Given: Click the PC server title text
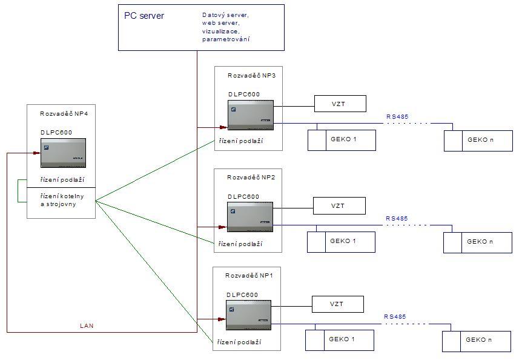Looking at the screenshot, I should click(x=144, y=16).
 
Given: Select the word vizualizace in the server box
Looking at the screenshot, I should click(x=221, y=30).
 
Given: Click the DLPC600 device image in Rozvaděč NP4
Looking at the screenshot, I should click(x=63, y=153).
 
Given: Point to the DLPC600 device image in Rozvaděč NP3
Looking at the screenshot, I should click(x=250, y=115).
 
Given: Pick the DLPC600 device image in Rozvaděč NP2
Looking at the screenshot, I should click(x=250, y=216).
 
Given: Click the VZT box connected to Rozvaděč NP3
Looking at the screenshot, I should click(x=340, y=104).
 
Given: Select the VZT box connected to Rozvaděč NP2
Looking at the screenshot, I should click(x=339, y=205).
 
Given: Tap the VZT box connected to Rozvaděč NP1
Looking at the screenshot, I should click(x=337, y=304).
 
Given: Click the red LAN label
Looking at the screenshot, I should click(x=87, y=326).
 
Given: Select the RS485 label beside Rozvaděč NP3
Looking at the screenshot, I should click(x=397, y=116).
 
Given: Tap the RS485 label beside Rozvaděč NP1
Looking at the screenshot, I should click(x=394, y=316).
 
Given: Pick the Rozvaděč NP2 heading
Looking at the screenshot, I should click(x=251, y=178).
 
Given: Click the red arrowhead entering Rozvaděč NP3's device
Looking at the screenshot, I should click(x=223, y=127).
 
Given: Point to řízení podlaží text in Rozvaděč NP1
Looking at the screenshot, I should click(x=239, y=342).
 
